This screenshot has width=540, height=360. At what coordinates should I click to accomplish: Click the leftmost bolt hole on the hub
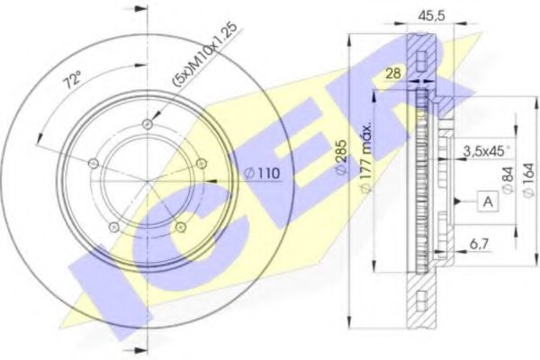click(x=94, y=163)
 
